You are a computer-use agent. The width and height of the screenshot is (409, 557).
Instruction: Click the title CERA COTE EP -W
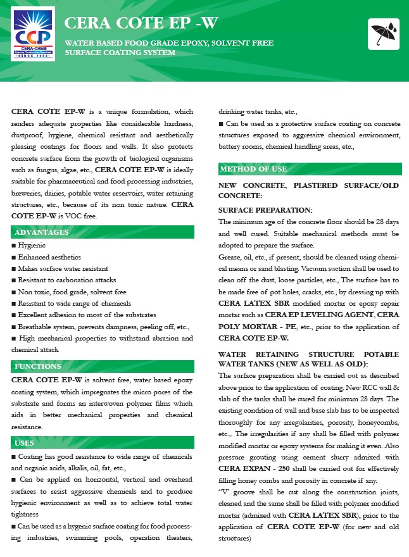click(x=142, y=24)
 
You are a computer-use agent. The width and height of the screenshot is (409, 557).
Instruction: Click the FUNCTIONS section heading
click(x=38, y=366)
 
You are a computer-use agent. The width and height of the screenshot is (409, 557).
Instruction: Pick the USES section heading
click(x=25, y=443)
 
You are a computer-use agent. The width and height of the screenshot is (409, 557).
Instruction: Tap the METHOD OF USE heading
click(x=253, y=169)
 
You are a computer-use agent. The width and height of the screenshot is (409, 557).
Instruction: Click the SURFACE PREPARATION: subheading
click(x=265, y=210)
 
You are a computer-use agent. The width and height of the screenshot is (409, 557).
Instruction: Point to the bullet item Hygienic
click(x=32, y=246)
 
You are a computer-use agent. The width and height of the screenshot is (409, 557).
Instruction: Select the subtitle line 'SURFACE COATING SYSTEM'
click(x=120, y=53)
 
